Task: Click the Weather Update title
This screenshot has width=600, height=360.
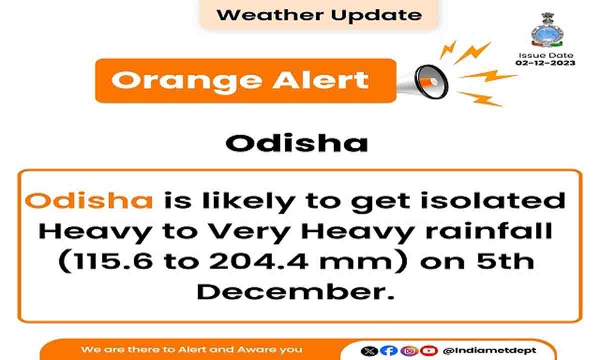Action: point(319,15)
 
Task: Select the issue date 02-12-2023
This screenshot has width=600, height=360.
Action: point(545,63)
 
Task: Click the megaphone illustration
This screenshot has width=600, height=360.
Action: point(422,81)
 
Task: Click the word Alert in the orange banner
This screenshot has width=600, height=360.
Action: point(321,80)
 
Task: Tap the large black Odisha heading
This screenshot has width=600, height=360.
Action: point(297,143)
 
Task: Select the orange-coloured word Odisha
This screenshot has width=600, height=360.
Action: point(89,200)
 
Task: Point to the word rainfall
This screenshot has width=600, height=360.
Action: point(489,231)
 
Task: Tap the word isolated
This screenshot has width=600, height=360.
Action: point(493,200)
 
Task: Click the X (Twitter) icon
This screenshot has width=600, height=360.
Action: point(369,350)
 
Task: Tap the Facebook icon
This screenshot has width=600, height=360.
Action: point(389,350)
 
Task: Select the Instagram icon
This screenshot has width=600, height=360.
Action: point(409,350)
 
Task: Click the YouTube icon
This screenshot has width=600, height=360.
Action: point(429,350)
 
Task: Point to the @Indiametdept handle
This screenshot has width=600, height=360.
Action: point(489,350)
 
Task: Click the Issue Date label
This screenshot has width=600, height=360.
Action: point(546,55)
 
